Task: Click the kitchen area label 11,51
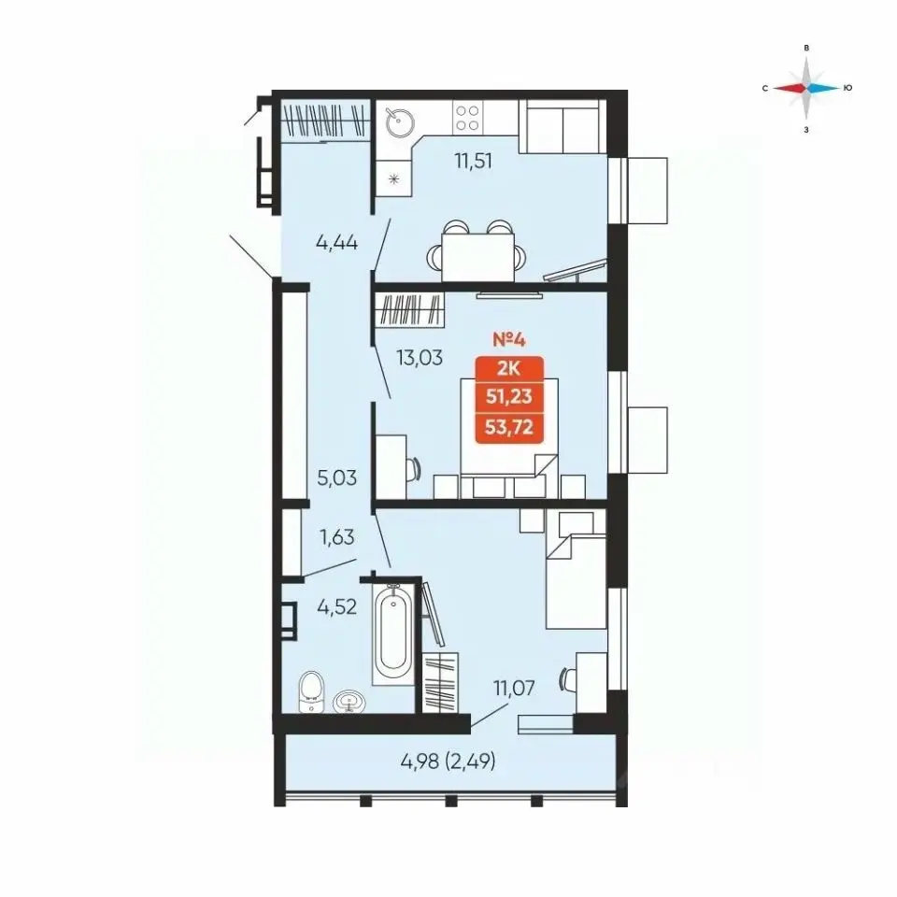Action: (x=473, y=162)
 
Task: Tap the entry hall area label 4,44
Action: (x=336, y=243)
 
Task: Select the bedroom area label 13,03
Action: (x=420, y=358)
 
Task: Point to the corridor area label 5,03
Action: (x=337, y=477)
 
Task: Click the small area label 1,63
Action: (x=337, y=537)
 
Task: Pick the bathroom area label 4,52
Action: (x=337, y=606)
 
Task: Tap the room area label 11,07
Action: (x=514, y=689)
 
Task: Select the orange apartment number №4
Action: (x=508, y=340)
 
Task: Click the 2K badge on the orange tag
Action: (x=508, y=369)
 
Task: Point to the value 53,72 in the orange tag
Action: (x=509, y=427)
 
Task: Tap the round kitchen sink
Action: (x=399, y=121)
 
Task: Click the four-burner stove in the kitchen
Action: (x=467, y=118)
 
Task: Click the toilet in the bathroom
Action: (x=311, y=691)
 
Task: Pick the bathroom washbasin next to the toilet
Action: (x=349, y=702)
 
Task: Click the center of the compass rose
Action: (x=806, y=88)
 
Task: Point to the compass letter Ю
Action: (x=847, y=88)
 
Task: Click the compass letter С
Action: (x=765, y=88)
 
